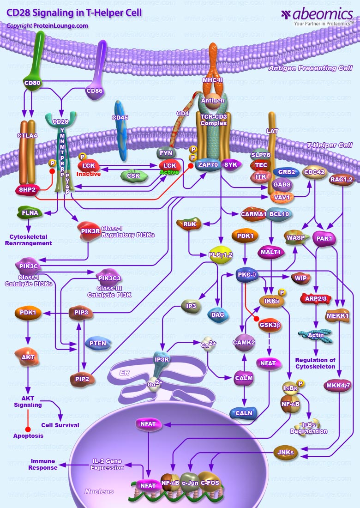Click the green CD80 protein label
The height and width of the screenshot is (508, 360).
tap(32, 83)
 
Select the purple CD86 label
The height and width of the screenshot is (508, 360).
tap(94, 91)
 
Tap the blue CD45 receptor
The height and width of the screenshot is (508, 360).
tap(120, 118)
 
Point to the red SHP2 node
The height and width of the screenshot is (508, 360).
tap(28, 189)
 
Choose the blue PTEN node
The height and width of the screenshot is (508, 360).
tap(97, 343)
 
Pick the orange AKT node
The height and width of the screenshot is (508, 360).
tap(28, 357)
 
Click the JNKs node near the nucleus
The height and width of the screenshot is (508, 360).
tap(286, 452)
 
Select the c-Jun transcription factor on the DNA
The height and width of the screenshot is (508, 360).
tap(190, 483)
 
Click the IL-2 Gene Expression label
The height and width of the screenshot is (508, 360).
tap(108, 464)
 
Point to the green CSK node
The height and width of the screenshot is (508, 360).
tap(133, 175)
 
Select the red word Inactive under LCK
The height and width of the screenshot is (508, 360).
tap(89, 174)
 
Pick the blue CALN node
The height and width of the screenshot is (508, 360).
tap(244, 413)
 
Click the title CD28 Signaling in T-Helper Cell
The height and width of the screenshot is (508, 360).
tap(74, 12)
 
